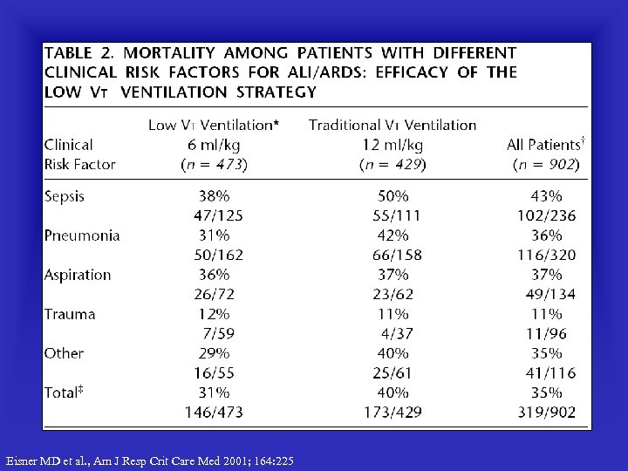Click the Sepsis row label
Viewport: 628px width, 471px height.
click(65, 196)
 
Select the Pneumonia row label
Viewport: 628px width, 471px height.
click(82, 235)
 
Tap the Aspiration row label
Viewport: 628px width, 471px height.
click(78, 275)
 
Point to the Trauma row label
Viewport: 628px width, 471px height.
click(70, 314)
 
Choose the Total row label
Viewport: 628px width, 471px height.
click(64, 392)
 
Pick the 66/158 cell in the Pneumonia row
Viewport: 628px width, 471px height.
click(392, 255)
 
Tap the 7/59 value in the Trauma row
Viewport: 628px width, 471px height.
click(219, 333)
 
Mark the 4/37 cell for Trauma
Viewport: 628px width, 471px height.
click(396, 333)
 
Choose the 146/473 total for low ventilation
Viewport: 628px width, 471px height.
click(213, 412)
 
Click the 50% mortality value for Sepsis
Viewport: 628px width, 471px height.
click(392, 196)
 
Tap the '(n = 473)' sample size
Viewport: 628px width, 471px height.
click(214, 164)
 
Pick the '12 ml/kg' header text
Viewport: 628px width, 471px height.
click(392, 145)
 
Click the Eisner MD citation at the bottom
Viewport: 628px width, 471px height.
click(150, 461)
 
